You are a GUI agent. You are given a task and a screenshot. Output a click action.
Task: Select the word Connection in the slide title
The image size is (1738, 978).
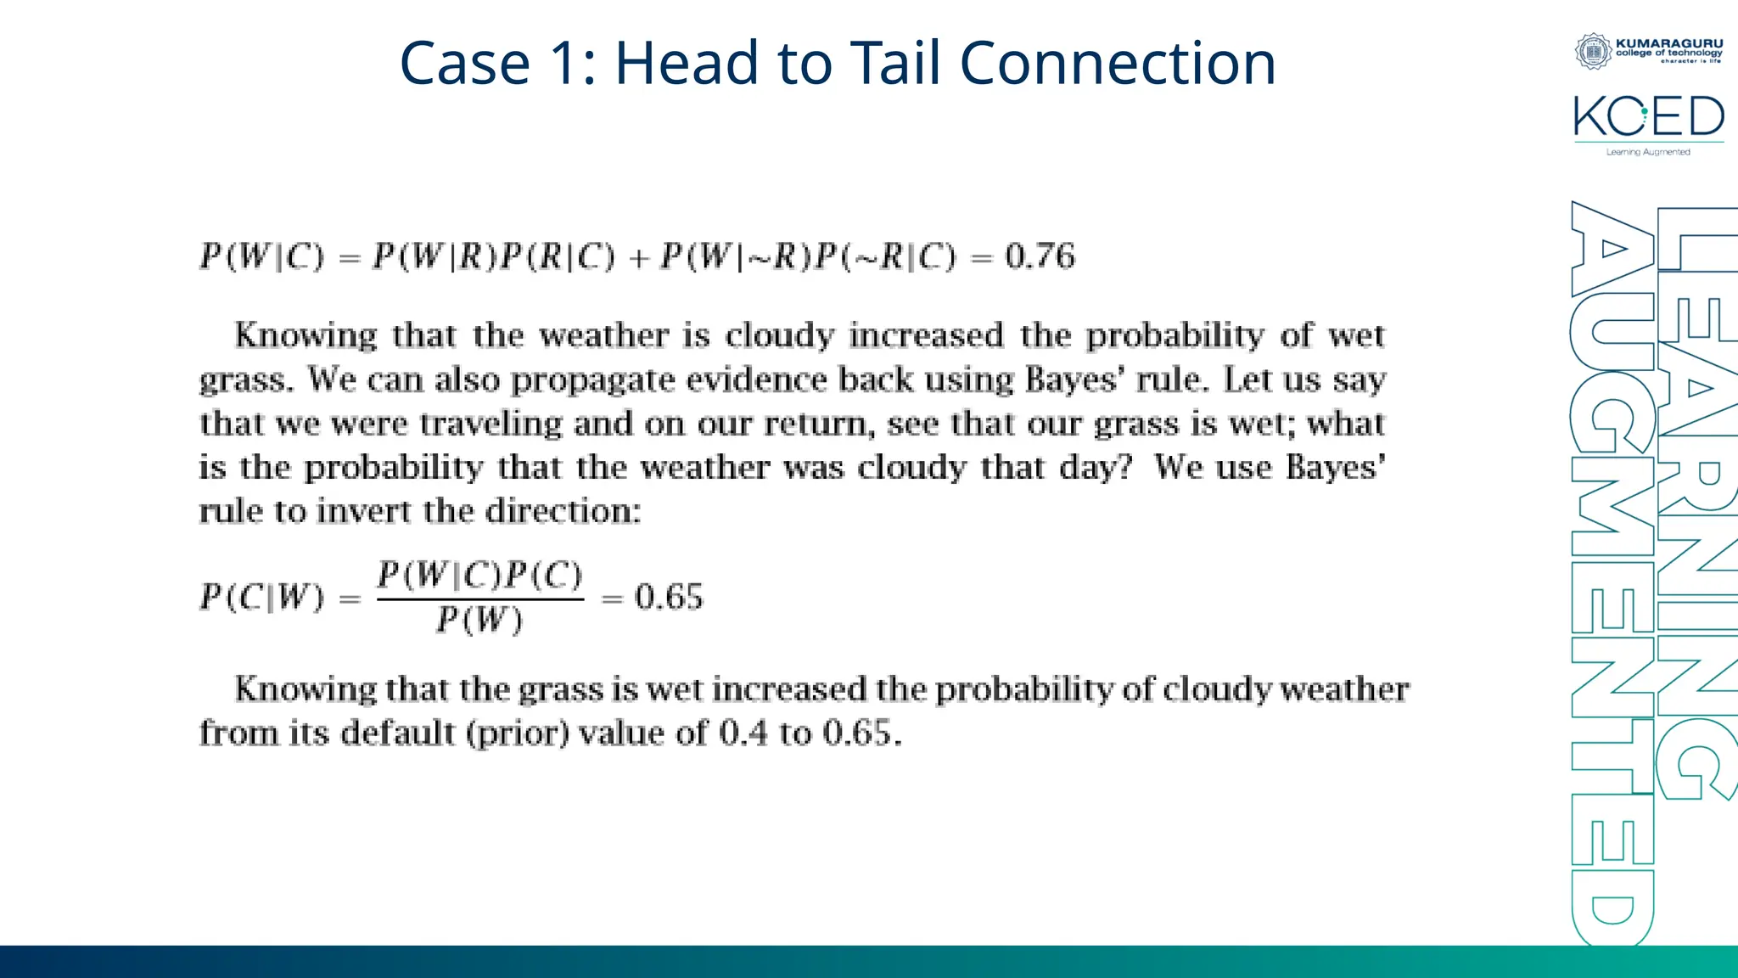pos(1118,64)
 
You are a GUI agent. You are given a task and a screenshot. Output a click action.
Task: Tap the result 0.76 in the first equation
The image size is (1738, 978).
pos(1040,256)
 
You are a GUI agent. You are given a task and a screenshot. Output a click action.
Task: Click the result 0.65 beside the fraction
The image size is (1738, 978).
pos(669,598)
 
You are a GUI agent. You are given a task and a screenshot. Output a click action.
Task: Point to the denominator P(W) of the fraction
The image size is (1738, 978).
pos(479,621)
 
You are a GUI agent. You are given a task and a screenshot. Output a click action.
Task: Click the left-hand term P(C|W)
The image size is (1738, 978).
pos(262,598)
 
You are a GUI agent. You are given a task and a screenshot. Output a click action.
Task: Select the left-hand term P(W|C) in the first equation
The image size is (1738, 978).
pos(262,256)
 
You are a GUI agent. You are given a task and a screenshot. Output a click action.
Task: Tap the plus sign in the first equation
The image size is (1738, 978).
pos(638,258)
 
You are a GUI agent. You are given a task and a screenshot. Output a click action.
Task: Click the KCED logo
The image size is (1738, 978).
pos(1648,117)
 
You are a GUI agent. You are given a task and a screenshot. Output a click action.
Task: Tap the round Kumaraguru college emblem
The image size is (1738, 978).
pos(1593,51)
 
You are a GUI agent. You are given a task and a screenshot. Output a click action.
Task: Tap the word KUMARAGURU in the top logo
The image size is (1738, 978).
pos(1669,42)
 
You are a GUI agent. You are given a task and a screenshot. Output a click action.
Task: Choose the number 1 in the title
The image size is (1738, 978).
pos(563,64)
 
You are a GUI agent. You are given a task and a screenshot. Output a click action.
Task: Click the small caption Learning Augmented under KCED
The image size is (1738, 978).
pos(1648,152)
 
